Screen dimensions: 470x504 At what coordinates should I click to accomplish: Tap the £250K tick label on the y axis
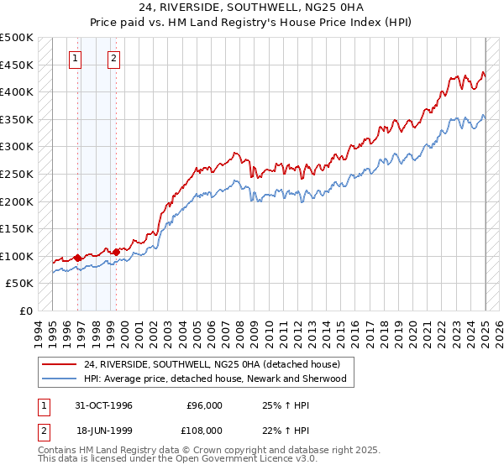point(17,174)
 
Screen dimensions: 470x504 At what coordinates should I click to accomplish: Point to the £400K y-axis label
point(17,91)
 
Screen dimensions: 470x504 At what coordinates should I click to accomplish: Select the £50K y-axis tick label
point(20,284)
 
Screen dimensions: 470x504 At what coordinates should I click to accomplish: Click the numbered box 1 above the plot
point(76,59)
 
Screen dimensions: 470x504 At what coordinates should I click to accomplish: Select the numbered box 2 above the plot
point(113,59)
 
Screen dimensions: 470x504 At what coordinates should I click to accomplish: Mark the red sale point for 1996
point(78,258)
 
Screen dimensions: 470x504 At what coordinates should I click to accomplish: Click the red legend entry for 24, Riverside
point(211,364)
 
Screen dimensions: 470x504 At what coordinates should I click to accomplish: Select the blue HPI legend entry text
point(215,379)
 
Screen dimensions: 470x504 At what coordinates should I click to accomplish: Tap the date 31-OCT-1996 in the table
point(103,405)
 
